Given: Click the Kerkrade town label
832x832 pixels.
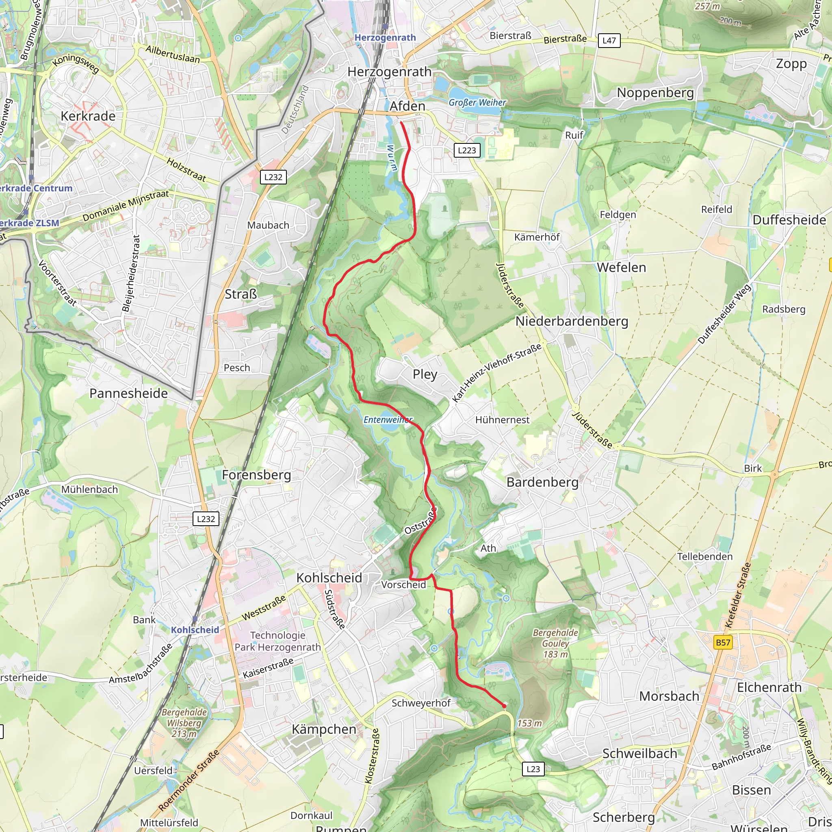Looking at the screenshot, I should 88,116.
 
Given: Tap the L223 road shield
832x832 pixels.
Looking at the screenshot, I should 467,150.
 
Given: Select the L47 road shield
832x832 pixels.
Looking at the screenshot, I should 609,41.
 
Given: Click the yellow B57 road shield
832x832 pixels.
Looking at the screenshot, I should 723,643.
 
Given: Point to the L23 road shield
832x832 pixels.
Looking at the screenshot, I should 533,769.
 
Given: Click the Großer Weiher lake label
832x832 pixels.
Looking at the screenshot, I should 477,102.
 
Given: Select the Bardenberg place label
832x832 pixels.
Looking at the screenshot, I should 542,482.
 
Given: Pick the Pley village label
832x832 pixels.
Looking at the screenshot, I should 425,374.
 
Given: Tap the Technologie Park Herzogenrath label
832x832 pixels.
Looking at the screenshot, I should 278,641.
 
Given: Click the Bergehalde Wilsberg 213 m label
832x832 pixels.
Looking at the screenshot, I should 184,723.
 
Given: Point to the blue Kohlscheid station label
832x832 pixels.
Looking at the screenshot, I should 195,630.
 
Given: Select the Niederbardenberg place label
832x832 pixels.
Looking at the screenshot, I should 572,321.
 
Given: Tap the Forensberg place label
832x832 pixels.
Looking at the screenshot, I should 256,475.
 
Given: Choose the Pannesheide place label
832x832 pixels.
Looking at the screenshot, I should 128,393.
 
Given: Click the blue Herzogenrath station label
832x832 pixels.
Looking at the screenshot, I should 385,37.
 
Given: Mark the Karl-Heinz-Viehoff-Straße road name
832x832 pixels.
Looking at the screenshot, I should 496,373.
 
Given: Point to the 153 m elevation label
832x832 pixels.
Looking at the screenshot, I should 529,723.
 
